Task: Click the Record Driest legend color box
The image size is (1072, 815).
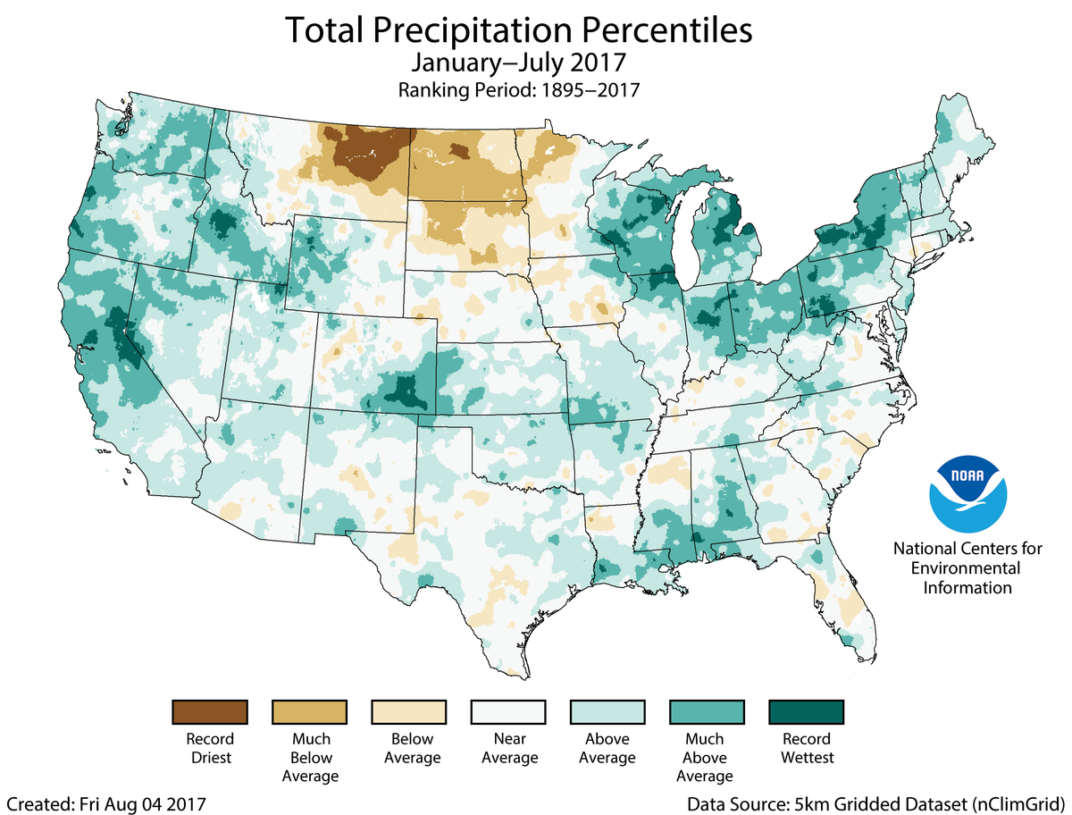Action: [209, 712]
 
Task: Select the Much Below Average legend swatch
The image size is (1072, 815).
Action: [309, 712]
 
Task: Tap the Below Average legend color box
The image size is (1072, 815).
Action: [408, 712]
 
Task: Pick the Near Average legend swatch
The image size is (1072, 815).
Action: [508, 712]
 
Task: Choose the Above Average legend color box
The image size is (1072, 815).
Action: [607, 712]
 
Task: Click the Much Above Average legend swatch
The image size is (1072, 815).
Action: [707, 712]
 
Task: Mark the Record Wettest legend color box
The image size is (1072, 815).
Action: [807, 712]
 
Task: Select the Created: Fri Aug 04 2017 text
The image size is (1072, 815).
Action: [105, 803]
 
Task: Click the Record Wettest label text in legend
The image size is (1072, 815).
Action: [807, 749]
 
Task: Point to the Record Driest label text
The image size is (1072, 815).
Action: [209, 749]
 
